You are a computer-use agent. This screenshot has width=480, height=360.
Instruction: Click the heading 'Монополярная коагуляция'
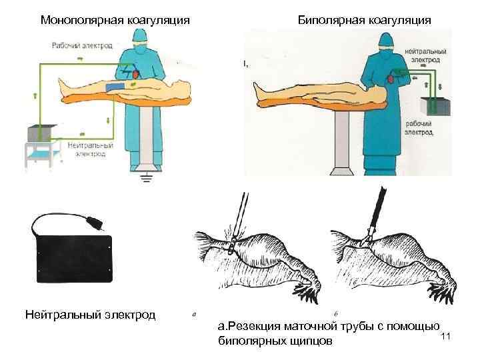(115, 19)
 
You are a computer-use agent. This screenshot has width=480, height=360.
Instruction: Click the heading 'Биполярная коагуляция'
(364, 19)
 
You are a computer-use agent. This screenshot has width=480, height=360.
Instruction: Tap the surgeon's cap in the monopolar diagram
(139, 44)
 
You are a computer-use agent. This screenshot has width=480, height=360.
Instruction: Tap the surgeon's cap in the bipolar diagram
(387, 40)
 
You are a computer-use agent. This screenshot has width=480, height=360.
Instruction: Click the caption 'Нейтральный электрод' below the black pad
(89, 313)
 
